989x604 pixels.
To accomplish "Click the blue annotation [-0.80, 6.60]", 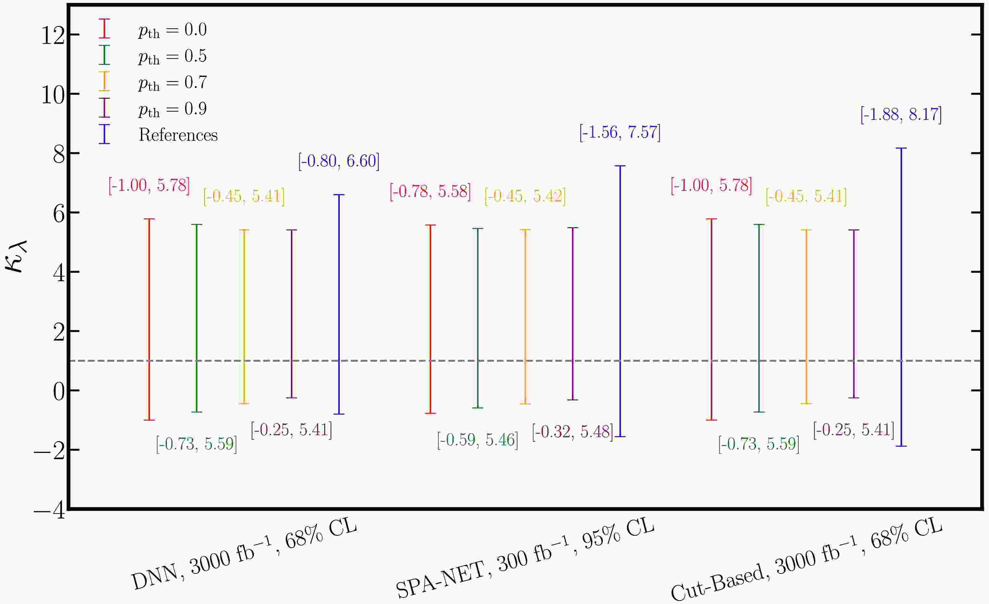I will tap(339, 161).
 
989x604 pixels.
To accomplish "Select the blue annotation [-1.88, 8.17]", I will tap(901, 115).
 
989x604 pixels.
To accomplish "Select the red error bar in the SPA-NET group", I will tap(430, 319).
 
